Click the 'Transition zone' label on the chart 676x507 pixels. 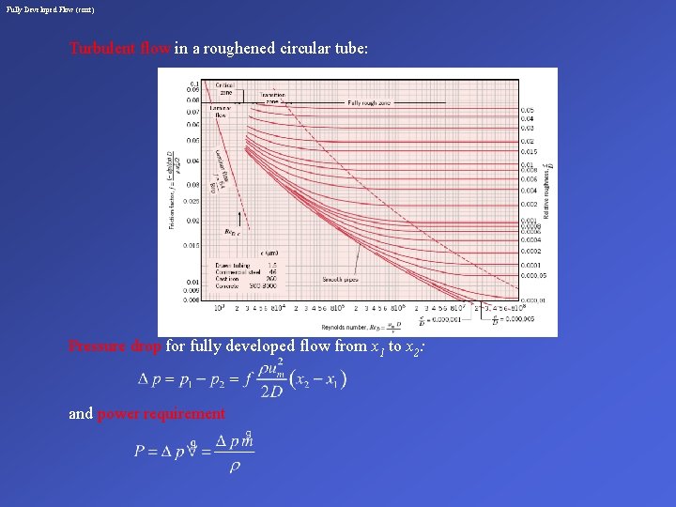[272, 98]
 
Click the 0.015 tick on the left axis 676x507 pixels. [192, 245]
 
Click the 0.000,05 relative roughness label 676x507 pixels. [533, 276]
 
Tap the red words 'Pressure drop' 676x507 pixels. [115, 346]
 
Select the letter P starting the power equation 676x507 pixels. [139, 451]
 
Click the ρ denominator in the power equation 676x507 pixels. [234, 467]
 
